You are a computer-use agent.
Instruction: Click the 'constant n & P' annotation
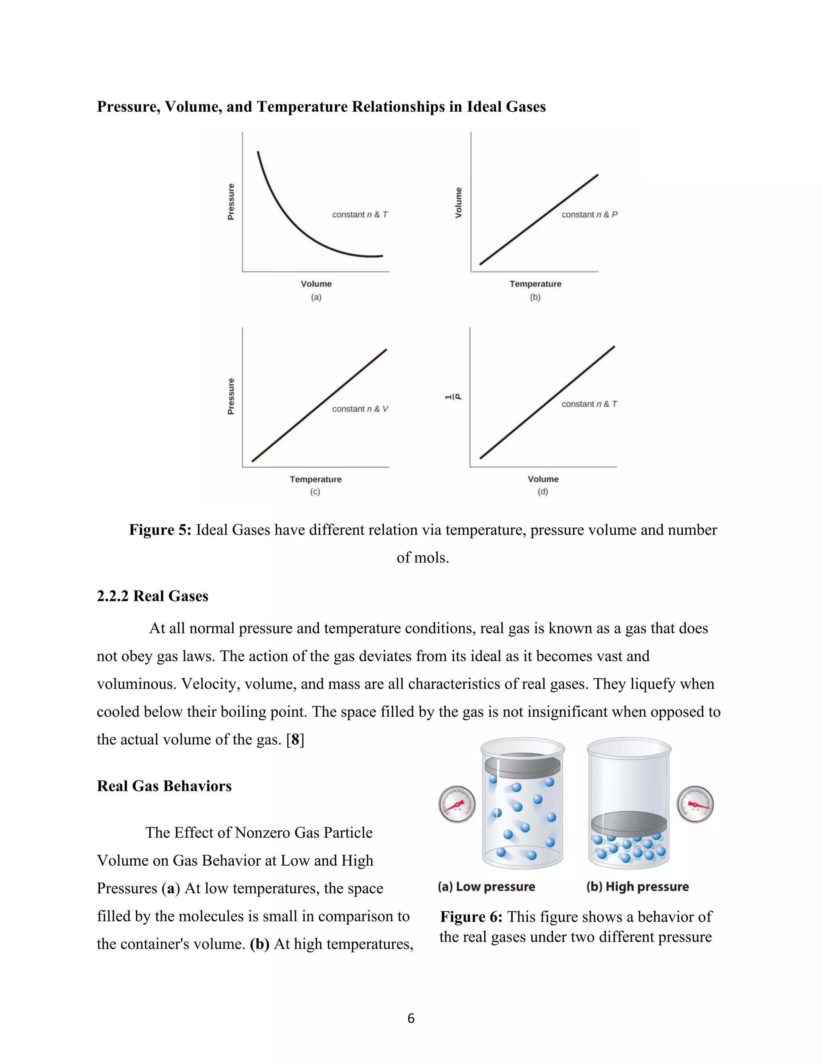[x=589, y=214]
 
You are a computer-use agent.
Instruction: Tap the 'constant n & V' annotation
[x=360, y=409]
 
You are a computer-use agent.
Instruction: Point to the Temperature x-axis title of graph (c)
[x=315, y=479]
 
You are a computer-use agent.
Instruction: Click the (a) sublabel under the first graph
[x=316, y=297]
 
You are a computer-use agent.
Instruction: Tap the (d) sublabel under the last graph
[x=543, y=491]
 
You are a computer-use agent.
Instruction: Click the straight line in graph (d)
[x=547, y=402]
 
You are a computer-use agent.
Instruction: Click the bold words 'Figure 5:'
[x=160, y=530]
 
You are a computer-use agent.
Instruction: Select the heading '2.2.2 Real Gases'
[x=153, y=596]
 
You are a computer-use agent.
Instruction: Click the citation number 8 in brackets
[x=295, y=740]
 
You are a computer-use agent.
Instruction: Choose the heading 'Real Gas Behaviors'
[x=164, y=786]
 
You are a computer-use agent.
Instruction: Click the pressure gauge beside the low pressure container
[x=457, y=804]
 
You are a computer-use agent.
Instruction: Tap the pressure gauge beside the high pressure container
[x=695, y=804]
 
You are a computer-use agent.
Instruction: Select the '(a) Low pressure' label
[x=486, y=887]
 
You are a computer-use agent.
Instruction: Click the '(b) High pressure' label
[x=637, y=887]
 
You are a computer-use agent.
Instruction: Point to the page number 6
[x=411, y=1018]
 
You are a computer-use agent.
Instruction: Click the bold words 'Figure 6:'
[x=471, y=917]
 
